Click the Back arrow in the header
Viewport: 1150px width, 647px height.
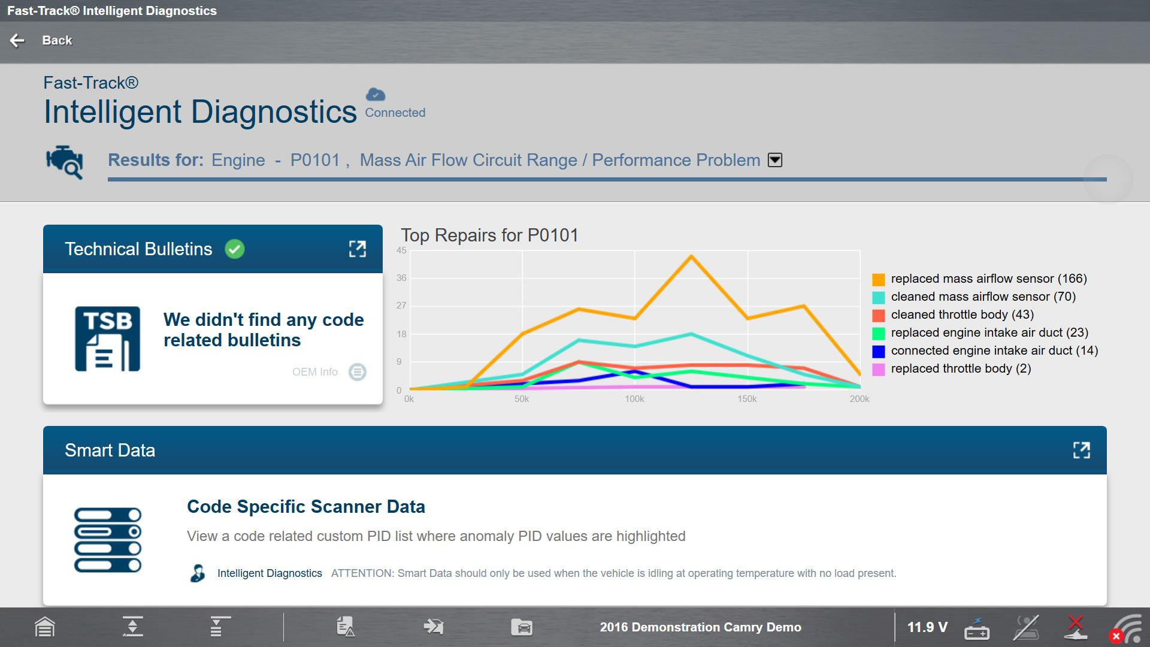click(17, 40)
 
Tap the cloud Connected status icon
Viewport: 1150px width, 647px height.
click(376, 94)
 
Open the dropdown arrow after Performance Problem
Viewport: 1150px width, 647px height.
click(775, 160)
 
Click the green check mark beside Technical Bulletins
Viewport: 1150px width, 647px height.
click(235, 249)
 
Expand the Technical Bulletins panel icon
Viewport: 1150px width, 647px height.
click(358, 249)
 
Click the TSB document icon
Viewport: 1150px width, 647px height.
click(108, 339)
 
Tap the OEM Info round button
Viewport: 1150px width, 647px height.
click(358, 372)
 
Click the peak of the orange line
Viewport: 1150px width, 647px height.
click(691, 256)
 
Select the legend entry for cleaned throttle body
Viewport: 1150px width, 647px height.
click(962, 315)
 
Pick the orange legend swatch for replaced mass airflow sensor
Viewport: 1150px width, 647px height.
click(879, 279)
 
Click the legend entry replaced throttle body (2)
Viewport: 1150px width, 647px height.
click(961, 368)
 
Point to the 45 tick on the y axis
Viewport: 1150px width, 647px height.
click(401, 250)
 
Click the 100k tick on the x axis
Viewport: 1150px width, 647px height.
click(634, 399)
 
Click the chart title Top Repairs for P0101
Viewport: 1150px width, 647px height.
click(489, 235)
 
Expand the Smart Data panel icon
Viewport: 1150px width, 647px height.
click(1082, 451)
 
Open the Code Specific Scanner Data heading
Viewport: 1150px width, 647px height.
click(306, 507)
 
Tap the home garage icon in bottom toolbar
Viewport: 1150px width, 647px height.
click(45, 627)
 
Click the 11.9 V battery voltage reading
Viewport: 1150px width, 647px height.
click(927, 627)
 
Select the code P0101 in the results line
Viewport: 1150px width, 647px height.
click(315, 160)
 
